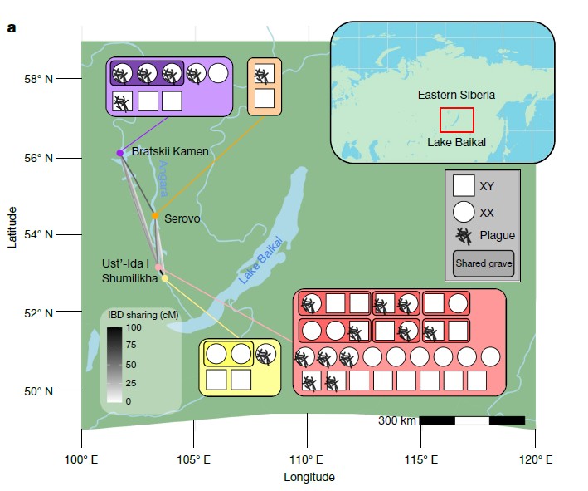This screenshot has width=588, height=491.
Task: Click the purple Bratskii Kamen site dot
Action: click(120, 153)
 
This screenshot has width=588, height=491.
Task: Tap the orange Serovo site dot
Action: click(155, 216)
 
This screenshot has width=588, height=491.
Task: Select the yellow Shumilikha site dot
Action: click(165, 278)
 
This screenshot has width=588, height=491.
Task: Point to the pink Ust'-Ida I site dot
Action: click(158, 268)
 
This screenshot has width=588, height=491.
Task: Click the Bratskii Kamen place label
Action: click(170, 151)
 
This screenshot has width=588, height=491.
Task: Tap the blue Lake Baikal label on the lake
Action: click(260, 259)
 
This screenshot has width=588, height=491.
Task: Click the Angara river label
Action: click(163, 179)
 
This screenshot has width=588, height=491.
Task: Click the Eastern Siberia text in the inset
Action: click(456, 95)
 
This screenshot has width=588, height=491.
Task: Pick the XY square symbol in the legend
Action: click(464, 185)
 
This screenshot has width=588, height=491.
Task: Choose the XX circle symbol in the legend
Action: click(464, 212)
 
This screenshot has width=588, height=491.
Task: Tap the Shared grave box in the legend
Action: click(484, 263)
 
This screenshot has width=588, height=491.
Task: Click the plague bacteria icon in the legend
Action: click(464, 237)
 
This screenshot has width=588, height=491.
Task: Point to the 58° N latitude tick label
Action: click(39, 79)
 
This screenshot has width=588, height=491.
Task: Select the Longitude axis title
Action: click(309, 477)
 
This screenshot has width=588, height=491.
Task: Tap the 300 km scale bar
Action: click(472, 420)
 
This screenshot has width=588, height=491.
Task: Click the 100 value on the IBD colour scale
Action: click(134, 327)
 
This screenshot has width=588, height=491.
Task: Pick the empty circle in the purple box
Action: click(218, 73)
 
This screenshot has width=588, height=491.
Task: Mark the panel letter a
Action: click(12, 28)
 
